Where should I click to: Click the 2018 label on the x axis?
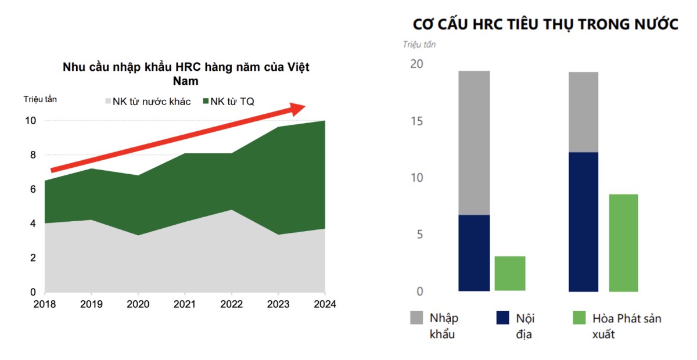[44, 304]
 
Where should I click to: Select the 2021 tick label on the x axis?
[185, 304]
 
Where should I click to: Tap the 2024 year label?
[324, 304]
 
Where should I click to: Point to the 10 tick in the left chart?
[30, 121]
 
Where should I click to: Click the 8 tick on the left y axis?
[33, 155]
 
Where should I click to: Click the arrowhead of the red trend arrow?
[297, 109]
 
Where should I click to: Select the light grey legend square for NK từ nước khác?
[107, 102]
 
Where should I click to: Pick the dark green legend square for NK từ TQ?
[205, 102]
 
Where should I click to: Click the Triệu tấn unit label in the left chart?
[40, 99]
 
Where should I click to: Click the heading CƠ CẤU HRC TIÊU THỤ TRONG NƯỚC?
[545, 24]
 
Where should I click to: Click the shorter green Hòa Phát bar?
[510, 273]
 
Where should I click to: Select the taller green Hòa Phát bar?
[623, 243]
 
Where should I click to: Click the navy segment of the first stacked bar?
[474, 253]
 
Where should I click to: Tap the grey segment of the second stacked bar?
[583, 112]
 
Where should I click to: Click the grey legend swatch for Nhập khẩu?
[416, 318]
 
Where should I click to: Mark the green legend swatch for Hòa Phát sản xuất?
[579, 318]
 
